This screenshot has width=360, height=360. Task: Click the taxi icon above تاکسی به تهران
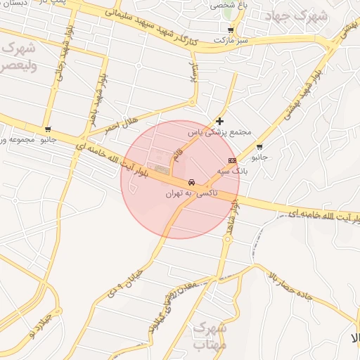click(191, 182)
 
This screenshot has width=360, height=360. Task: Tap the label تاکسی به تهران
click(192, 192)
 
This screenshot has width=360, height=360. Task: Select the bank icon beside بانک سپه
click(233, 160)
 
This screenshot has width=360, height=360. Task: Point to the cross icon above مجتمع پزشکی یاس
click(221, 121)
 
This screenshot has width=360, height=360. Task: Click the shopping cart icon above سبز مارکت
click(231, 30)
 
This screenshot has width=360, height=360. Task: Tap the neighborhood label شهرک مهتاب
click(209, 335)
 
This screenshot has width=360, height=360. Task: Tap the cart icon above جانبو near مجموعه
click(47, 129)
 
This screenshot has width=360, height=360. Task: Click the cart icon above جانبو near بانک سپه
click(259, 147)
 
